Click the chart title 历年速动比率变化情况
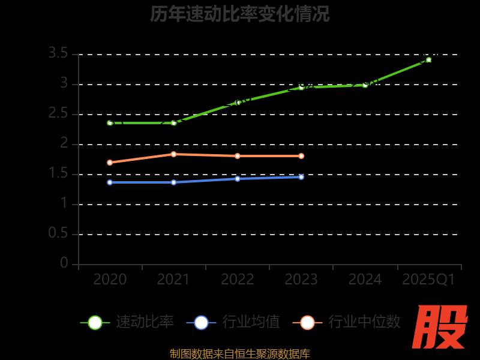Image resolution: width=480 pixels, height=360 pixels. pyautogui.click(x=240, y=14)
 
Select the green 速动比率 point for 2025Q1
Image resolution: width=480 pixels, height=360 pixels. pyautogui.click(x=428, y=60)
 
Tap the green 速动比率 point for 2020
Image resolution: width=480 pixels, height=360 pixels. pyautogui.click(x=110, y=123)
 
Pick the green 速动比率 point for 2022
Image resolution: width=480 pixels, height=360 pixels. pyautogui.click(x=238, y=103)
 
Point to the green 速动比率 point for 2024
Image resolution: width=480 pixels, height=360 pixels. pyautogui.click(x=365, y=85)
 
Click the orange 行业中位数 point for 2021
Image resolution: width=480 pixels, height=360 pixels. pyautogui.click(x=173, y=154)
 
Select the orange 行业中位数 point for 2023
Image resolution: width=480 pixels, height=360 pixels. pyautogui.click(x=301, y=156)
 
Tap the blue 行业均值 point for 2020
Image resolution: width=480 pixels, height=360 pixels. pyautogui.click(x=110, y=182)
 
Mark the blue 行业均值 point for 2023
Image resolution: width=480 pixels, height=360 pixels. pyautogui.click(x=301, y=177)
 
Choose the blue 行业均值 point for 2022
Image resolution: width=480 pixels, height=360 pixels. pyautogui.click(x=238, y=179)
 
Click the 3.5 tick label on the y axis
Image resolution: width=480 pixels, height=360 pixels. pyautogui.click(x=58, y=53)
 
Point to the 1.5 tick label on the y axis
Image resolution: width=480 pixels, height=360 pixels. pyautogui.click(x=58, y=173)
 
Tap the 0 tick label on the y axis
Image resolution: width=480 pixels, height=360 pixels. pyautogui.click(x=64, y=263)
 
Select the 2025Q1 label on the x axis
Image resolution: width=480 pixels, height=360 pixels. pyautogui.click(x=428, y=280)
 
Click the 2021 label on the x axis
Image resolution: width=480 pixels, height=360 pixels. pyautogui.click(x=173, y=280)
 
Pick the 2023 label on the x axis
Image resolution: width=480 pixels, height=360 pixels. pyautogui.click(x=301, y=280)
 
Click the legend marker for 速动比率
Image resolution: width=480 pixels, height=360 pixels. pyautogui.click(x=95, y=322)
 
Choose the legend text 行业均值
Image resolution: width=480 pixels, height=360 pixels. pyautogui.click(x=251, y=322)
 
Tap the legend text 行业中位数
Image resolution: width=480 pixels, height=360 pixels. pyautogui.click(x=364, y=322)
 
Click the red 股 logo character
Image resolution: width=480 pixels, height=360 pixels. pyautogui.click(x=440, y=327)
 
